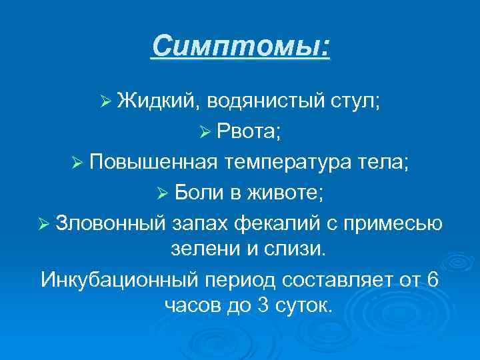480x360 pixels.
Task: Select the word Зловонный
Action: click(x=112, y=221)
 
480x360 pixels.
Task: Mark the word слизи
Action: click(x=296, y=249)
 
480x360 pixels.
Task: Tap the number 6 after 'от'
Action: click(x=431, y=278)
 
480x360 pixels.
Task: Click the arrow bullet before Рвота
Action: click(x=218, y=132)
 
